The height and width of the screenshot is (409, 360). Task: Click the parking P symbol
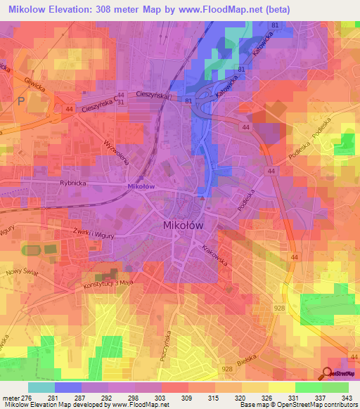coord(20,101)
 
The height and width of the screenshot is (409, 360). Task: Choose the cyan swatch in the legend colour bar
coord(41,387)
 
